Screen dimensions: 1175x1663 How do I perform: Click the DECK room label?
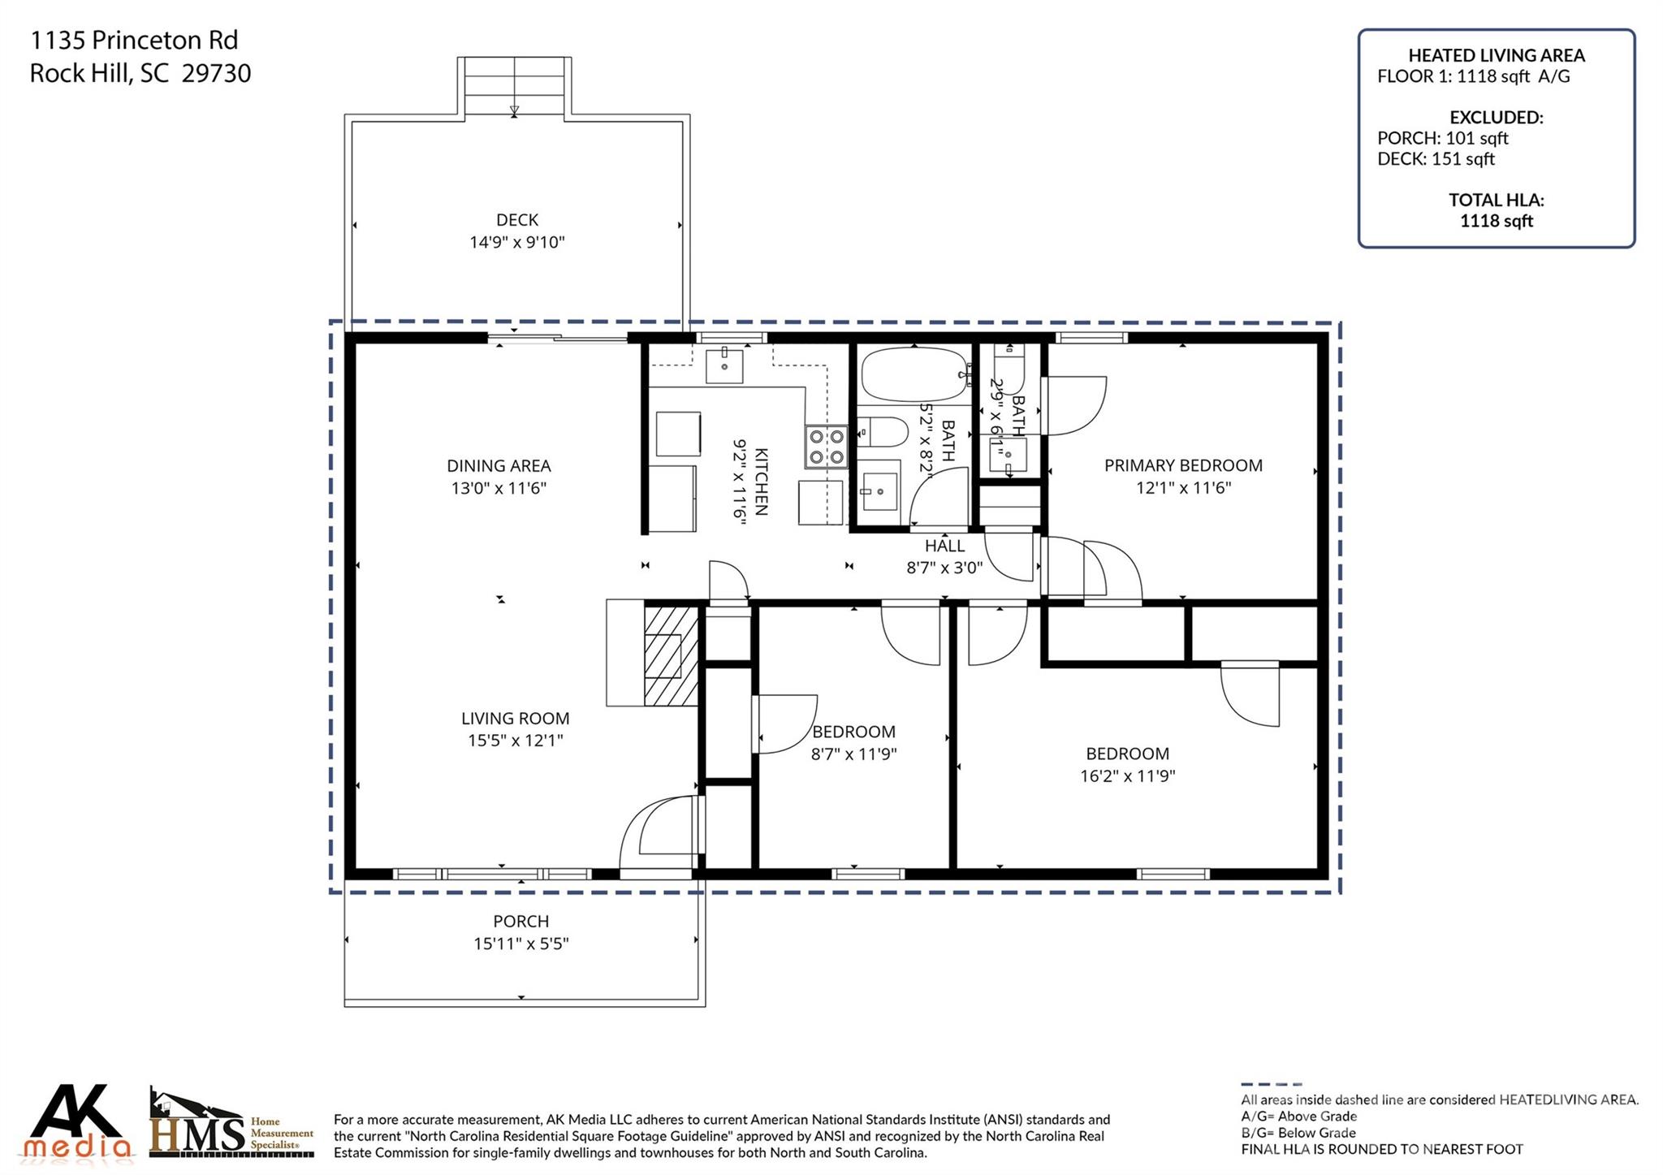point(516,220)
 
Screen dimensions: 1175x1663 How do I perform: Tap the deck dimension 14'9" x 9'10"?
point(516,242)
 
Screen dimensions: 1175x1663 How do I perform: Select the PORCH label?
point(520,921)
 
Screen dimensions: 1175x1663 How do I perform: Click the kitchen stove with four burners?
point(826,447)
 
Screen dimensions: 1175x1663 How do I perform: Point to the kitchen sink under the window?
point(724,365)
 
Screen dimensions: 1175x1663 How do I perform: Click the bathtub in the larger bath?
point(914,374)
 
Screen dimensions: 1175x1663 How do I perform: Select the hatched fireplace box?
point(671,654)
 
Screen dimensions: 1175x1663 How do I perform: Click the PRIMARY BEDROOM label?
point(1182,465)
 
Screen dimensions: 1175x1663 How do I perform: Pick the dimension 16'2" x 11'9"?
point(1127,775)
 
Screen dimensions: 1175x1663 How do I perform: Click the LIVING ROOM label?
point(515,718)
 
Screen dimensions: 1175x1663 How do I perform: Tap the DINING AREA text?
point(499,465)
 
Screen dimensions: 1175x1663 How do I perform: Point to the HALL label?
point(944,546)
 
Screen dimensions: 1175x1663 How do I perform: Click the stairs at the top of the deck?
point(514,86)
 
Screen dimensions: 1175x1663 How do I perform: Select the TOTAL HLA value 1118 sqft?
point(1496,221)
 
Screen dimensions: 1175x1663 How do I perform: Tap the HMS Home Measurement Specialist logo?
point(231,1125)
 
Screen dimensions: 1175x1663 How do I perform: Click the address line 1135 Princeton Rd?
point(134,40)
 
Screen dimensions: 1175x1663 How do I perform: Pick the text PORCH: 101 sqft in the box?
point(1442,138)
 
